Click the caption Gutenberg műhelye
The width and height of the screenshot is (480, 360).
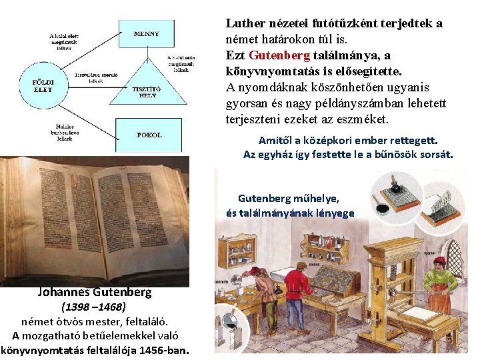click(x=288, y=198)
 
